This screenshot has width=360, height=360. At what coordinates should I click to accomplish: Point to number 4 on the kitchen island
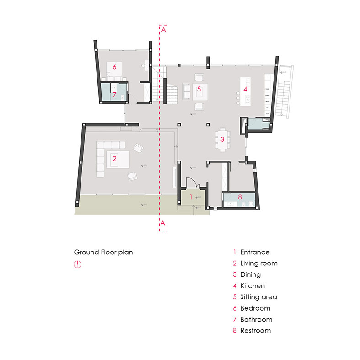(x=245, y=89)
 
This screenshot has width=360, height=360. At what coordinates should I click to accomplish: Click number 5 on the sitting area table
(x=199, y=89)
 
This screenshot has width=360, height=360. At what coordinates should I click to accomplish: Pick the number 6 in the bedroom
(x=114, y=67)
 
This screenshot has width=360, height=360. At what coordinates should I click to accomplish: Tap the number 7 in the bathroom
(x=114, y=95)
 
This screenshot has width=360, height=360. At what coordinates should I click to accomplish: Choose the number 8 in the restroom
(x=239, y=197)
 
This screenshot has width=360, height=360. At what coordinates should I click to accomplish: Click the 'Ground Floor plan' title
(x=103, y=252)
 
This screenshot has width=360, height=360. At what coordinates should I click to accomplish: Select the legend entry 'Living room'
(x=258, y=263)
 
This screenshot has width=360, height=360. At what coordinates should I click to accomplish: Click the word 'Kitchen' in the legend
(x=252, y=286)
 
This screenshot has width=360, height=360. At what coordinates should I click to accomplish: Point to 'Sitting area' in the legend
(x=258, y=297)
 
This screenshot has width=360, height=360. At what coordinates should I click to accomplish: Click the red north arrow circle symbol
(x=77, y=265)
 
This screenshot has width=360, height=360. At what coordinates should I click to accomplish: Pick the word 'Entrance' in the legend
(x=255, y=252)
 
